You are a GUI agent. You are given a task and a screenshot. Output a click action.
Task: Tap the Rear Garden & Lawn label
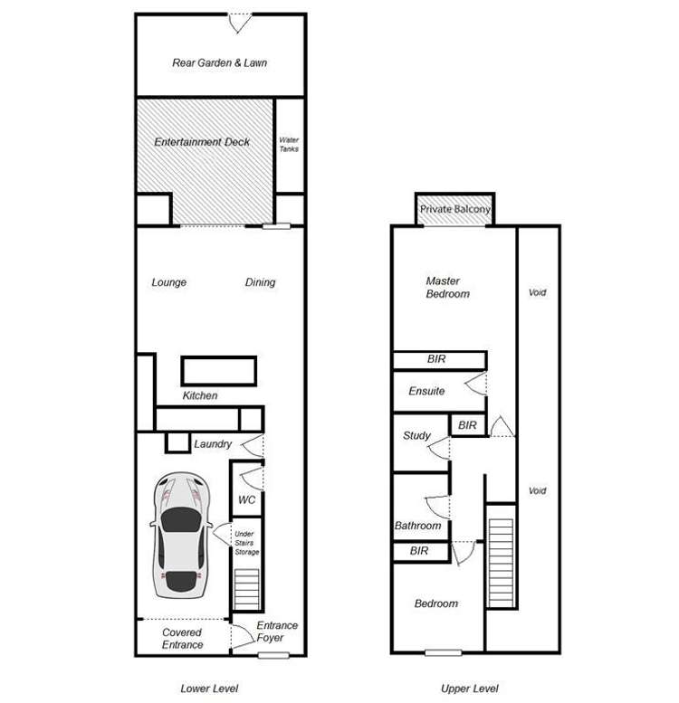[x=220, y=63]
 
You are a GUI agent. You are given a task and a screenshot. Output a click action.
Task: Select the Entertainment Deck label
[x=202, y=142]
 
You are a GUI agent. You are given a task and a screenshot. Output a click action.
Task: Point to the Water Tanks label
[x=289, y=145]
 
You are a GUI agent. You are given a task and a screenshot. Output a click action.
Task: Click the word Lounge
[x=169, y=282]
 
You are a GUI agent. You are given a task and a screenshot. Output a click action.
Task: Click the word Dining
[x=260, y=282]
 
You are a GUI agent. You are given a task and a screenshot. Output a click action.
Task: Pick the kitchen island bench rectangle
[x=218, y=370]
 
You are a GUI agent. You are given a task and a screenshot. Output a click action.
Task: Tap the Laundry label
[x=213, y=444]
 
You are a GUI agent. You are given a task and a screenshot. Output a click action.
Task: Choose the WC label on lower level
[x=246, y=499]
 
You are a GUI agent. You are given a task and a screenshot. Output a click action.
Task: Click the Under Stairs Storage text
[x=246, y=543]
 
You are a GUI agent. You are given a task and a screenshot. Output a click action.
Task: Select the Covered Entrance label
[x=182, y=639]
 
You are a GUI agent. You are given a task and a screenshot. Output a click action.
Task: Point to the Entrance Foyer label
[x=277, y=632]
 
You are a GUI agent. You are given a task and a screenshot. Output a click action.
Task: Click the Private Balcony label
[x=455, y=210]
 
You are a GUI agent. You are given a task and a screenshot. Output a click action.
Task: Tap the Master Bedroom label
[x=448, y=288]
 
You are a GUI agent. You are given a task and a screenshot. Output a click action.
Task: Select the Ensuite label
[x=426, y=392]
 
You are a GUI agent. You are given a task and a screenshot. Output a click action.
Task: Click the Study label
[x=416, y=435]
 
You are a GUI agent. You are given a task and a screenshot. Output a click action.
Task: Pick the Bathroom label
[x=417, y=526]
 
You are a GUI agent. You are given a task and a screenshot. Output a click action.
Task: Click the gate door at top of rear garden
[x=239, y=23]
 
